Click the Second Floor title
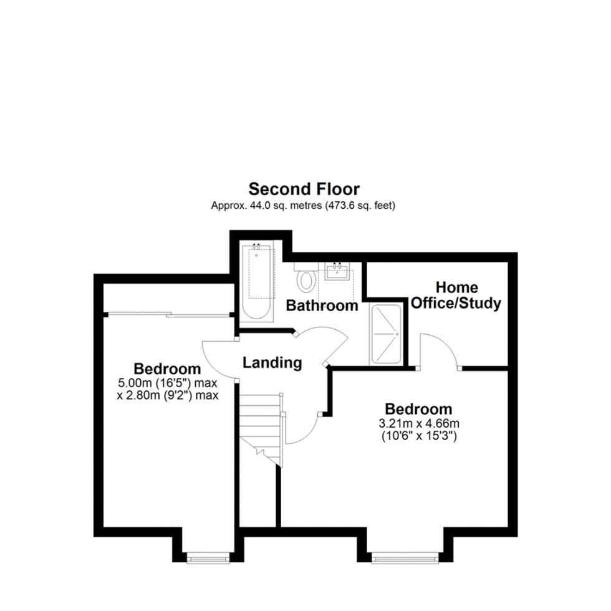click(x=304, y=188)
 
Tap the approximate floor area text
click(x=304, y=204)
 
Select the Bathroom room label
click(x=322, y=305)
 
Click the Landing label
click(x=272, y=362)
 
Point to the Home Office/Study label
click(x=456, y=296)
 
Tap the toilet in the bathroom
click(x=305, y=279)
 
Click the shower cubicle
click(x=387, y=334)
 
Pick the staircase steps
click(x=261, y=424)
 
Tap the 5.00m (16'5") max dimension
click(x=168, y=383)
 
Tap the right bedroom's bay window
click(x=402, y=559)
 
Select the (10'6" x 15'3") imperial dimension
click(x=418, y=436)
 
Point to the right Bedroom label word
click(x=418, y=409)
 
